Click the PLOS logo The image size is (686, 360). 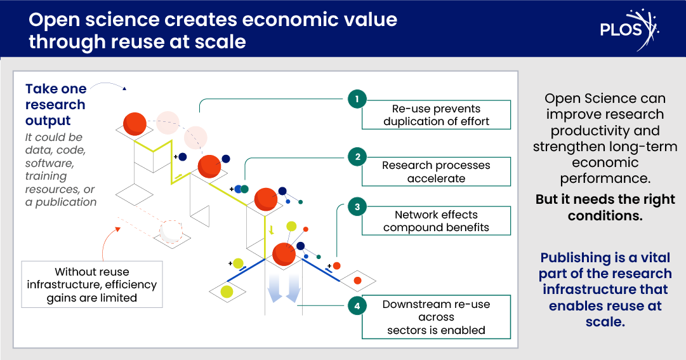(x=629, y=29)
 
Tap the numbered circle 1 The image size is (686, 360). (x=357, y=99)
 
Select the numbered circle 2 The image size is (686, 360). (x=357, y=157)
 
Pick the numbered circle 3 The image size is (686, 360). (x=357, y=207)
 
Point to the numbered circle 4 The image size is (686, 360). (x=357, y=305)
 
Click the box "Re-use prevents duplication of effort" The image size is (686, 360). (x=436, y=115)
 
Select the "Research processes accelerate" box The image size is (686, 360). (x=436, y=171)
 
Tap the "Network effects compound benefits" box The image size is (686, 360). (x=436, y=221)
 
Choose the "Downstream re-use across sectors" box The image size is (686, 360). (x=436, y=317)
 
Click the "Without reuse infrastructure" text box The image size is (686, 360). (x=92, y=284)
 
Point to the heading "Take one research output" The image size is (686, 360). (x=56, y=105)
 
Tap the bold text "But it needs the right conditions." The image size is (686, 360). (x=605, y=207)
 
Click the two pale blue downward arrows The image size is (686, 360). (x=284, y=288)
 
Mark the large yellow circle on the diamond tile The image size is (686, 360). (x=227, y=291)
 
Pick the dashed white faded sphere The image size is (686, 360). (x=171, y=231)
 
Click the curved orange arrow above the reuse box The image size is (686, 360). (x=109, y=244)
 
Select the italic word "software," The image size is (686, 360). (x=49, y=163)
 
